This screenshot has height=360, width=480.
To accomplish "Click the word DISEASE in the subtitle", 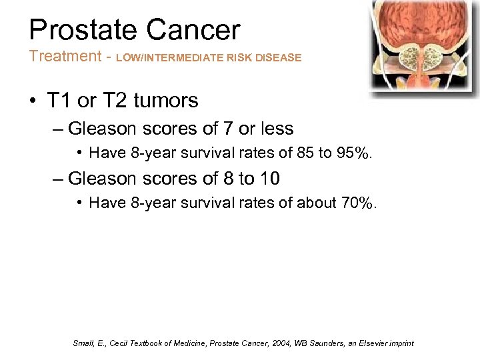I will tap(279, 58).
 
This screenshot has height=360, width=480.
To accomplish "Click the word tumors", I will tap(166, 101).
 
